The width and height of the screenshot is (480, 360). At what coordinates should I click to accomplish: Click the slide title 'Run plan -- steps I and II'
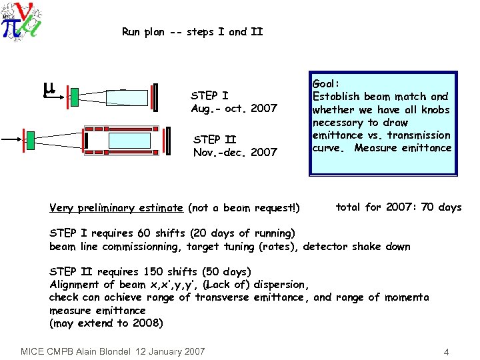pos(193,31)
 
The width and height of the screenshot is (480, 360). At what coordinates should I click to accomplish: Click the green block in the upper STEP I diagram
pos(74,96)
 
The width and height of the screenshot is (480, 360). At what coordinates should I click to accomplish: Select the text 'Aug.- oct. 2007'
pos(234,108)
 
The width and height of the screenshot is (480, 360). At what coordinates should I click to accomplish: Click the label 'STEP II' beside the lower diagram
pos(214,139)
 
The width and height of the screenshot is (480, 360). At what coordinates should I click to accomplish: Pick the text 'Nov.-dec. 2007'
pos(235,152)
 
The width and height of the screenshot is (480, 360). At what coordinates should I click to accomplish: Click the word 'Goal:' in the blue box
pos(326,84)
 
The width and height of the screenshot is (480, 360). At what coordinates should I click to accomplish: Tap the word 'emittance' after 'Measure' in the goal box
pos(427,148)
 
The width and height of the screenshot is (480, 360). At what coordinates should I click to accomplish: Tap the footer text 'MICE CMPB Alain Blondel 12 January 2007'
pos(113,351)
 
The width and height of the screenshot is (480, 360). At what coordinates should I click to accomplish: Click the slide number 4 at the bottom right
pos(446,351)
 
